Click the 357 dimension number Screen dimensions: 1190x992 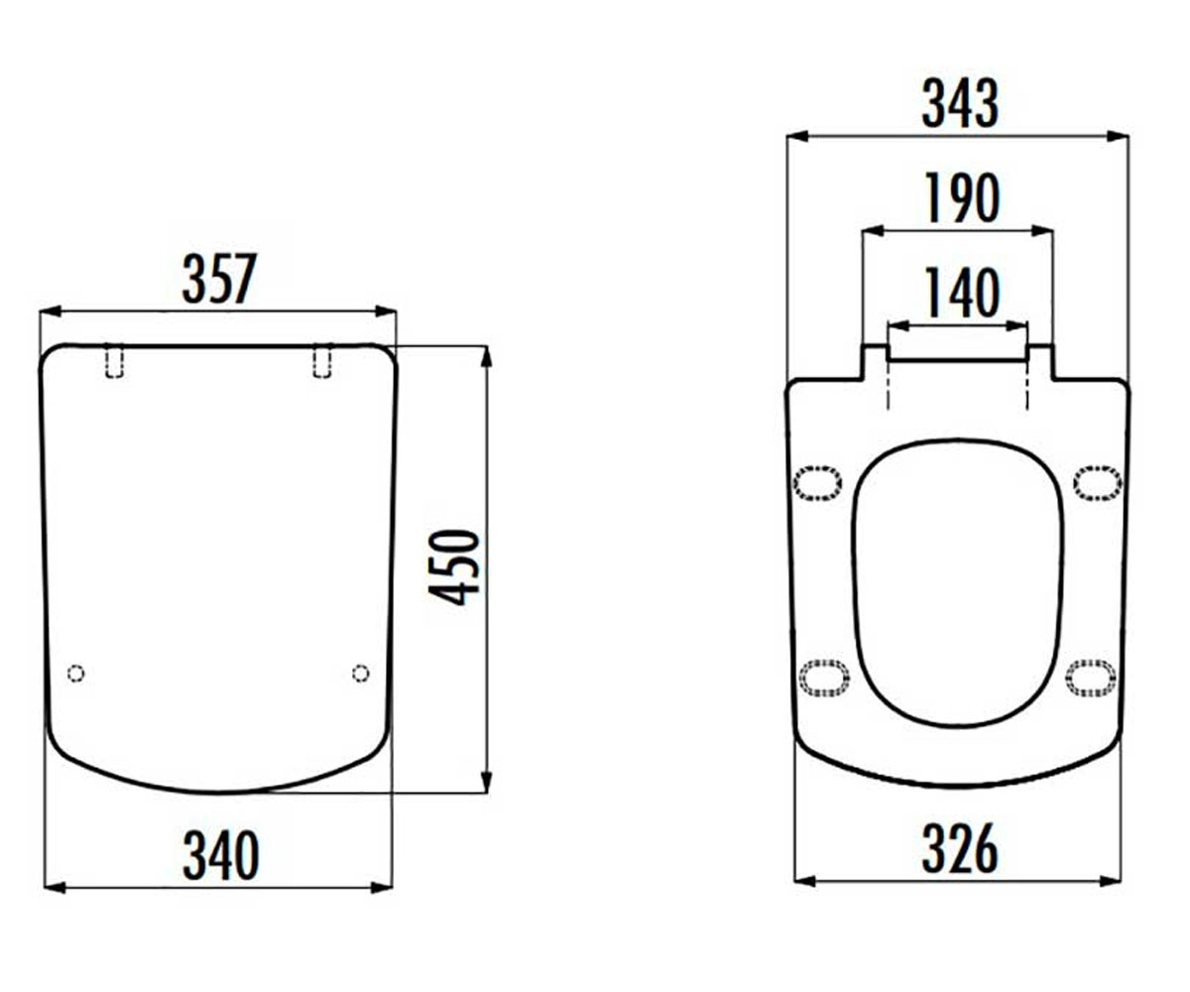coord(220,279)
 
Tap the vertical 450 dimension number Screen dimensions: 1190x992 coord(454,567)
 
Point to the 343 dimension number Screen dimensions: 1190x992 coord(960,103)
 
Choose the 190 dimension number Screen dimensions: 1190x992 coord(962,197)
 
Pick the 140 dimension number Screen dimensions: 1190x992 coord(962,293)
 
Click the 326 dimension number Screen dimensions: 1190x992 coord(960,848)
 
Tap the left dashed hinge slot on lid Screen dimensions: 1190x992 coord(115,361)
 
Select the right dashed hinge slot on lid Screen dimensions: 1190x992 coord(322,361)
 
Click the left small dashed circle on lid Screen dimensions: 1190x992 coord(75,674)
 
